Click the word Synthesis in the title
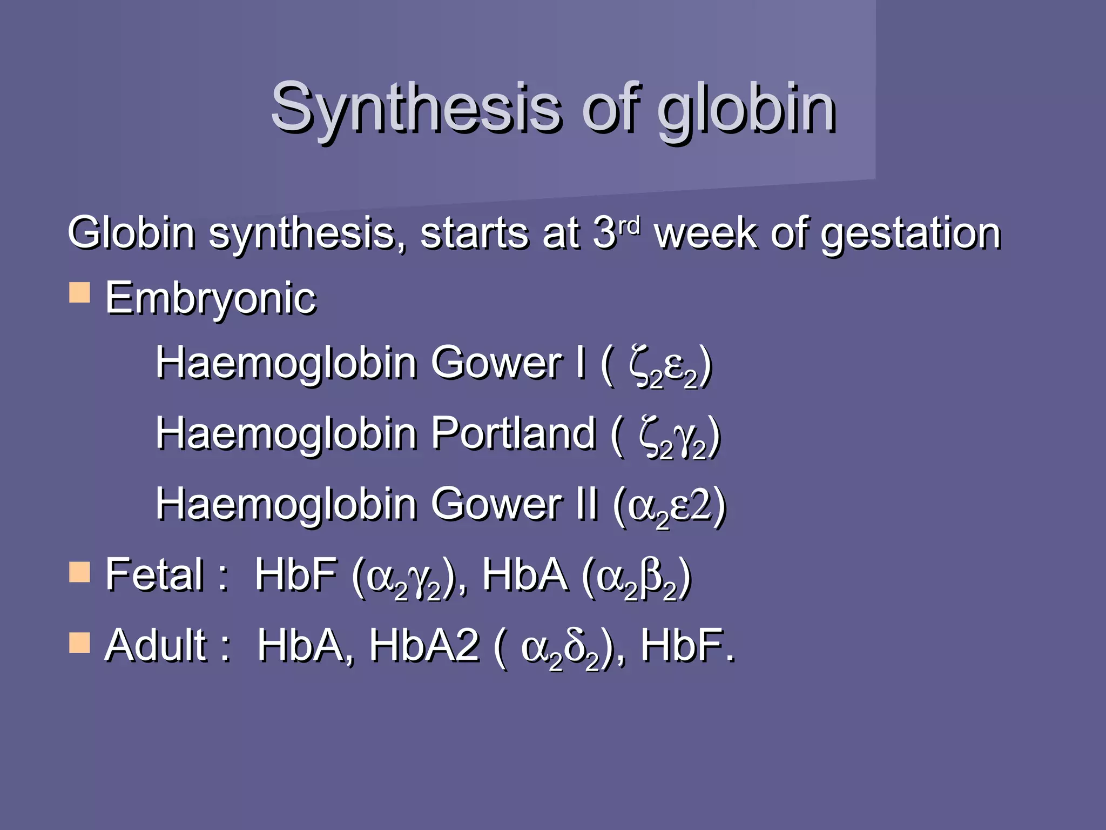(x=416, y=108)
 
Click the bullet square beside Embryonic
(x=79, y=293)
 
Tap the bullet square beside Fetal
(x=79, y=572)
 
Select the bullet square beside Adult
(x=79, y=643)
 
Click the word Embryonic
(x=211, y=299)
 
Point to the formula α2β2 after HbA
(x=637, y=577)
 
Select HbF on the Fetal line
(x=296, y=575)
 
